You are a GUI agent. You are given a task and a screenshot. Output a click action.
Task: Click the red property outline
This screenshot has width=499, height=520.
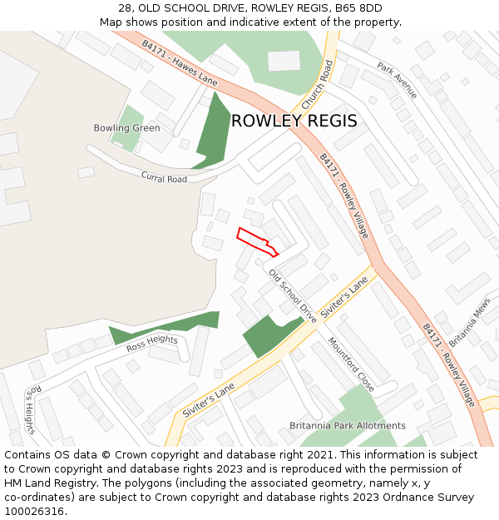point(256,240)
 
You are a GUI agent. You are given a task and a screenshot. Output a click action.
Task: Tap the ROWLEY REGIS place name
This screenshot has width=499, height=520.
point(294,121)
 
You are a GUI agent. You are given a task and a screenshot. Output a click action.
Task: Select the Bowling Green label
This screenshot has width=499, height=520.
point(126,128)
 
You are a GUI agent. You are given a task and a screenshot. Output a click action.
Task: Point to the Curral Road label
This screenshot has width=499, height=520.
point(164,178)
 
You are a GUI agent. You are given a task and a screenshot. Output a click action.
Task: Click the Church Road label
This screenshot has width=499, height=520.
point(317,86)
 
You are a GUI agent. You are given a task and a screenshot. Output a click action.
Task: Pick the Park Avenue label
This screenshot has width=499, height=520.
point(396,79)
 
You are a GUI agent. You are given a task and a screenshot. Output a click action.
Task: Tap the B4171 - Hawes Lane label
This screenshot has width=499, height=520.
point(179,62)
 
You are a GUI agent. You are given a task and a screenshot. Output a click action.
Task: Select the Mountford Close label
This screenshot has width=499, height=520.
point(351,364)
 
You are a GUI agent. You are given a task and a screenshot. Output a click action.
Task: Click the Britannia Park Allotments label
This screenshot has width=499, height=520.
point(348,425)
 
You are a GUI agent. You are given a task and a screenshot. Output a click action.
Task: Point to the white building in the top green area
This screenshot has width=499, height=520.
point(284,61)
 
